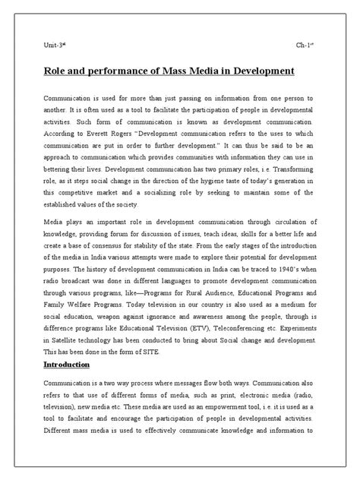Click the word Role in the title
[55, 72]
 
